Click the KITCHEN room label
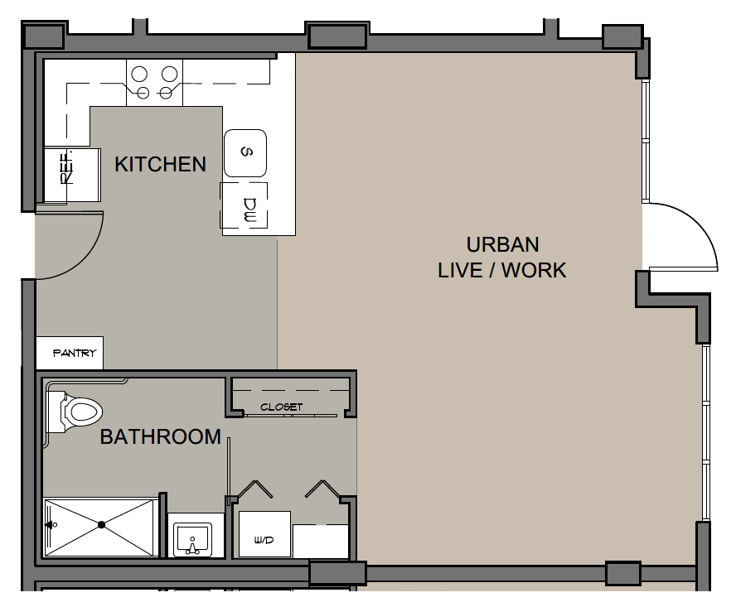(161, 164)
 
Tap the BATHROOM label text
(161, 436)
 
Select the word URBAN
(503, 244)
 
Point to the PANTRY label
(75, 353)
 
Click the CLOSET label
(282, 407)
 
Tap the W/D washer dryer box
(264, 534)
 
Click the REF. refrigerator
(72, 175)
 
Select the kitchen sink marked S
(245, 153)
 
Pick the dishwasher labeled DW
(244, 205)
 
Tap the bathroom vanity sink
(192, 539)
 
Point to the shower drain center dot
(101, 525)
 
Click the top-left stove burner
(139, 75)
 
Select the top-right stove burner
(169, 75)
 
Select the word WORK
(534, 270)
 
